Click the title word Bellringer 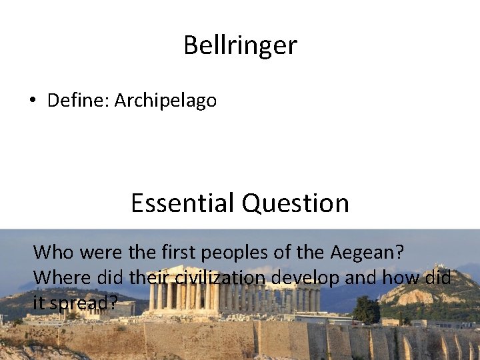click(x=240, y=45)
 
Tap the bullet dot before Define click(x=32, y=101)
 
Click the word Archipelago click(x=165, y=101)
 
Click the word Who click(x=51, y=252)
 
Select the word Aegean click(x=362, y=253)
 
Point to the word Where click(x=57, y=277)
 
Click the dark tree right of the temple click(x=366, y=310)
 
